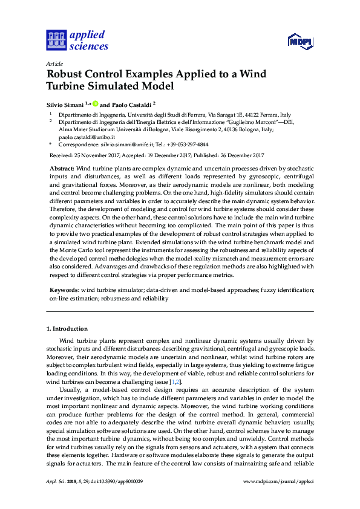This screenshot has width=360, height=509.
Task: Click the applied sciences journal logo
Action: (77, 40)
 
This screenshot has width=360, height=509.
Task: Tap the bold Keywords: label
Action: (64, 291)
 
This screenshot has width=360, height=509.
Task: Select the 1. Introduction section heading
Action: (67, 329)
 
